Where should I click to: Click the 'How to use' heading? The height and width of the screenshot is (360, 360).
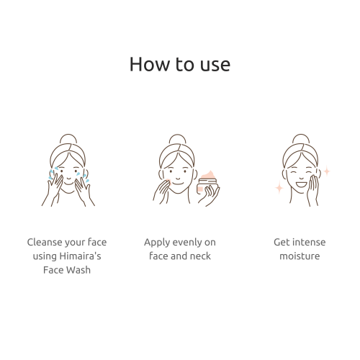[180, 64]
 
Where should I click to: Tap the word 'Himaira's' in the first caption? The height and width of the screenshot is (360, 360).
[80, 256]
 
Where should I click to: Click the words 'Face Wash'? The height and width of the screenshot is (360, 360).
[67, 270]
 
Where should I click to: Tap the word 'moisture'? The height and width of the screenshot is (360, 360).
[300, 256]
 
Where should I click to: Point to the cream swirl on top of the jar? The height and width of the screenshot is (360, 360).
[209, 175]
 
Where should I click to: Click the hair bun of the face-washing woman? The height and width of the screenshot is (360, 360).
[68, 139]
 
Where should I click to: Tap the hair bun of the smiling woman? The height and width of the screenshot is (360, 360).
[301, 139]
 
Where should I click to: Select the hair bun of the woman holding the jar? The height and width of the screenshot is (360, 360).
[178, 139]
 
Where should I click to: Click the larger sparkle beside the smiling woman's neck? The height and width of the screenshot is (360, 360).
[279, 187]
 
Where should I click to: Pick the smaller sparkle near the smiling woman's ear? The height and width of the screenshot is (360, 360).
[327, 171]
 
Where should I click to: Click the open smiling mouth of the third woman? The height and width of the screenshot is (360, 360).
[302, 184]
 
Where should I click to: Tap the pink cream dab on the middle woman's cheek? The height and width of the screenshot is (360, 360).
[168, 181]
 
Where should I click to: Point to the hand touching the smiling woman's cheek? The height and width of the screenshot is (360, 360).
[313, 189]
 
